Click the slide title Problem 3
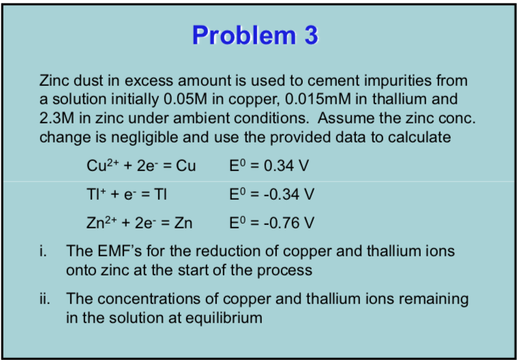pos(255,35)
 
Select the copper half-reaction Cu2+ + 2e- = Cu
pos(141,166)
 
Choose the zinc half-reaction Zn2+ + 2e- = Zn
pos(139,223)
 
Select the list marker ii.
pos(44,299)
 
